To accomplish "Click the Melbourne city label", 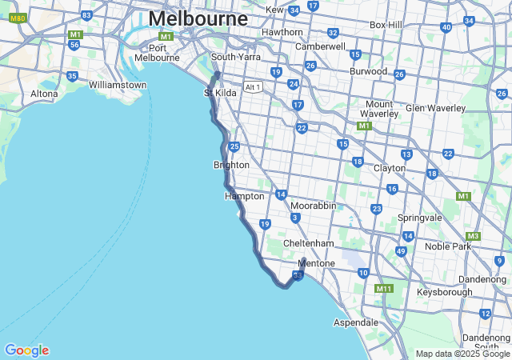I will click(198, 18).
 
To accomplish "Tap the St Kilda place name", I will click(220, 93).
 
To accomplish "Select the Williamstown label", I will click(118, 85).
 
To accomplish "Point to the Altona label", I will click(44, 94).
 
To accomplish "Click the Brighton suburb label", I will click(231, 165).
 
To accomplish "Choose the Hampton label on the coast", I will click(244, 196).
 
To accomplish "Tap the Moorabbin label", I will click(313, 206).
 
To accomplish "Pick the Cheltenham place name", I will click(308, 243).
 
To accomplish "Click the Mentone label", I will click(316, 262).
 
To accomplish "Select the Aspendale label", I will click(355, 322).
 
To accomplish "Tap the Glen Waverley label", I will click(435, 108).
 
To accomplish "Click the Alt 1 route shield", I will click(253, 86).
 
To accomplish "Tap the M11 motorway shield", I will click(384, 288).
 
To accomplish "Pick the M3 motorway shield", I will click(474, 236).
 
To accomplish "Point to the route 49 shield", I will click(401, 251).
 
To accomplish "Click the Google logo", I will click(26, 350).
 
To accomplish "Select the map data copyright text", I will click(462, 354).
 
